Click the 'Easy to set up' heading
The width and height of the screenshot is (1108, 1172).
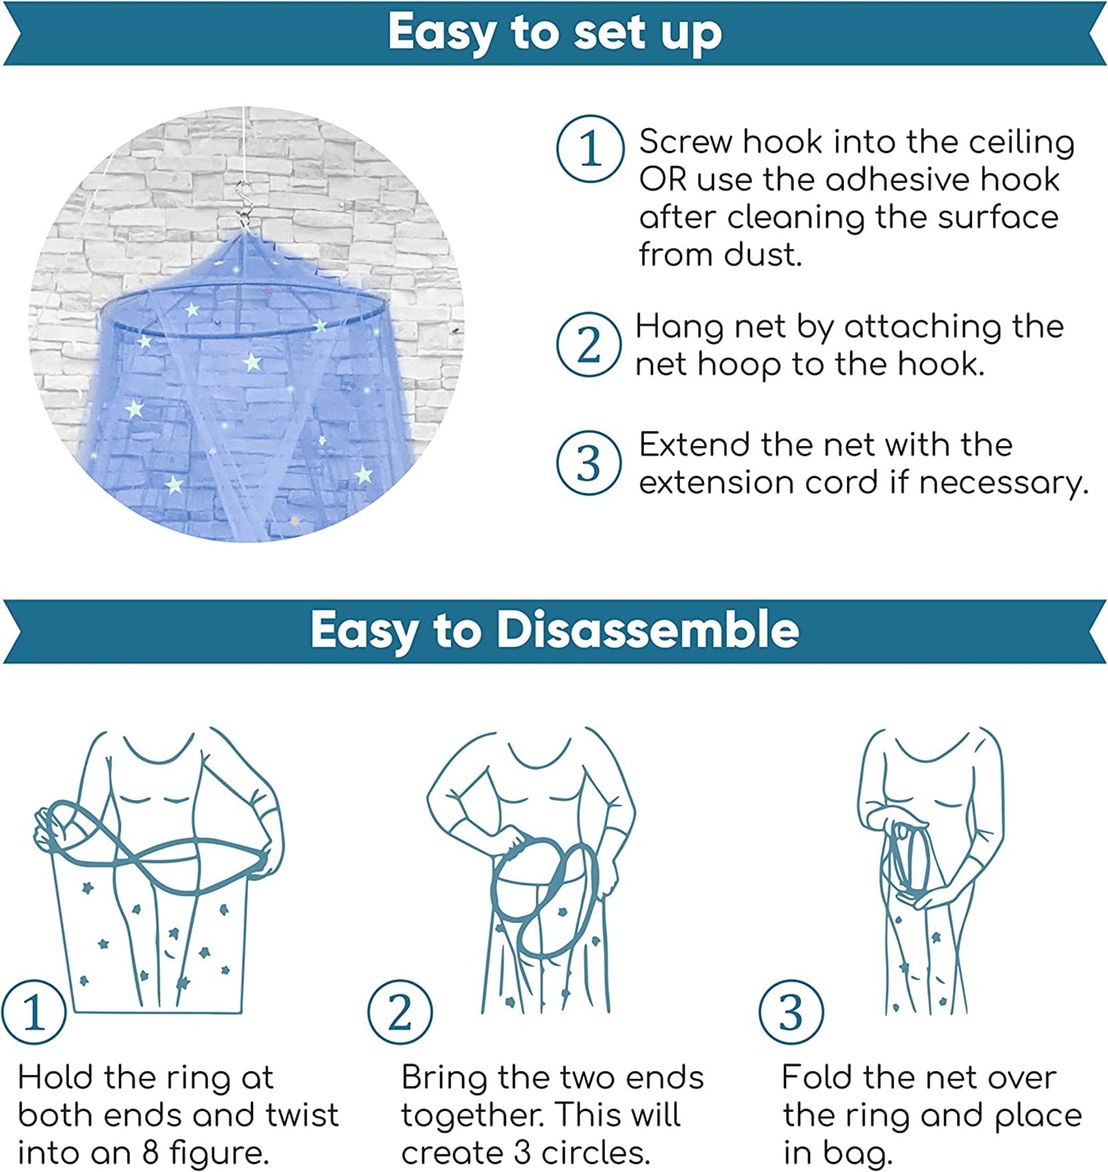555,31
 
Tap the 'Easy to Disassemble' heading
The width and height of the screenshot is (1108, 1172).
554,630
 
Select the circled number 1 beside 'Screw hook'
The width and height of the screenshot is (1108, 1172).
590,148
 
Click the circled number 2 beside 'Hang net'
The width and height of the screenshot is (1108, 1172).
589,345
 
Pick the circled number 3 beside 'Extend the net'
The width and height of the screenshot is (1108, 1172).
589,463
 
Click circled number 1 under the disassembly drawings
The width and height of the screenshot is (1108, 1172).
33,1012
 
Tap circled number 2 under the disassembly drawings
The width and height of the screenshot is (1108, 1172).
399,1012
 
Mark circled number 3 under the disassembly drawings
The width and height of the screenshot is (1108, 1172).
791,1012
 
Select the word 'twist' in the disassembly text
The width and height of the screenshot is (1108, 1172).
303,1115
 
